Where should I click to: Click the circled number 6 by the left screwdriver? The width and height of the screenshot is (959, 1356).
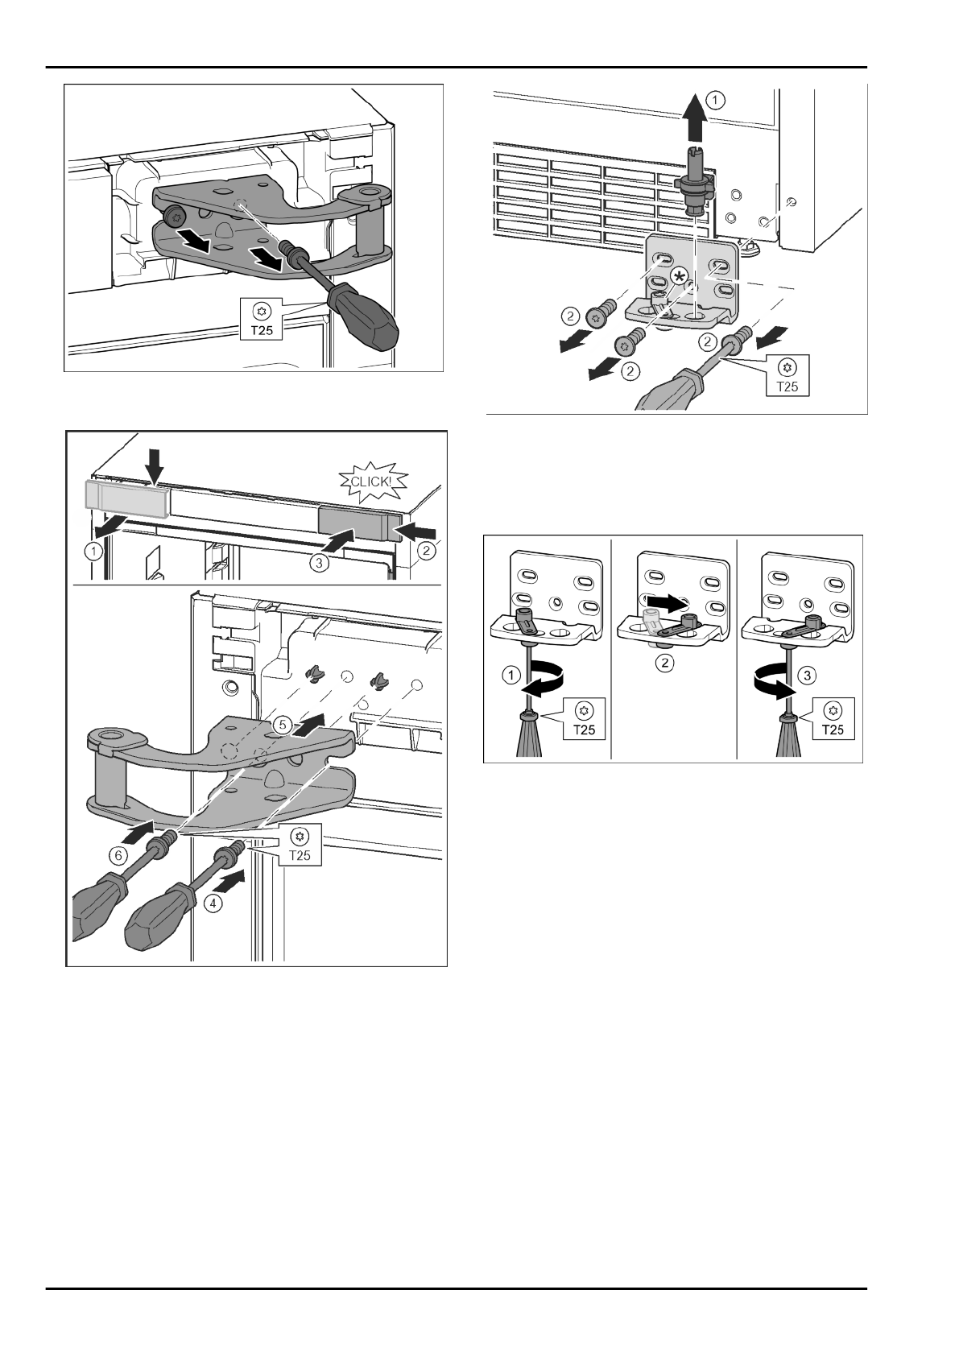pyautogui.click(x=118, y=855)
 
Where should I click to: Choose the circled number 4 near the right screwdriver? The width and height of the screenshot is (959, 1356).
pyautogui.click(x=213, y=903)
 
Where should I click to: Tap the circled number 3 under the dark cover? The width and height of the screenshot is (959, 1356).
pyautogui.click(x=319, y=564)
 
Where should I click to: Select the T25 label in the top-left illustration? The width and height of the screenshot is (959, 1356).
pyautogui.click(x=261, y=320)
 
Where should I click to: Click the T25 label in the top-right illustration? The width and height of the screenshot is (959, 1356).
pyautogui.click(x=787, y=376)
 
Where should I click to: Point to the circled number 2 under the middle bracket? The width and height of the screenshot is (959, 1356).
pyautogui.click(x=664, y=663)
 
